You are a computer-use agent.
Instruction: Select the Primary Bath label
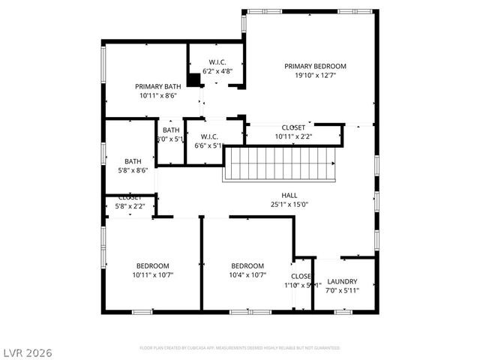click(158, 86)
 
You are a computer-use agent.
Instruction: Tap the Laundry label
click(342, 281)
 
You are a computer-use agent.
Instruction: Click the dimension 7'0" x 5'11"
click(342, 290)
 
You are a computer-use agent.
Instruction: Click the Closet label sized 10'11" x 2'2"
click(293, 127)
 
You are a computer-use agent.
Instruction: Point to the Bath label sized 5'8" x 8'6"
click(133, 161)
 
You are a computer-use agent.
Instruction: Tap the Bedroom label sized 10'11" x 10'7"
click(152, 265)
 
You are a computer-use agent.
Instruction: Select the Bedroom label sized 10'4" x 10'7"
click(247, 265)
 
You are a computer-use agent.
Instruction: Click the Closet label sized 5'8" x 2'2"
click(130, 197)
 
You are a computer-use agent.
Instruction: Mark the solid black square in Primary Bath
click(193, 79)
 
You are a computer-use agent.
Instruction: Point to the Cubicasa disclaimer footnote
click(240, 348)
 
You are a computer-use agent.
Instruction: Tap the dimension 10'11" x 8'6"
click(158, 95)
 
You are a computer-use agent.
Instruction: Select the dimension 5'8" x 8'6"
click(133, 170)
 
